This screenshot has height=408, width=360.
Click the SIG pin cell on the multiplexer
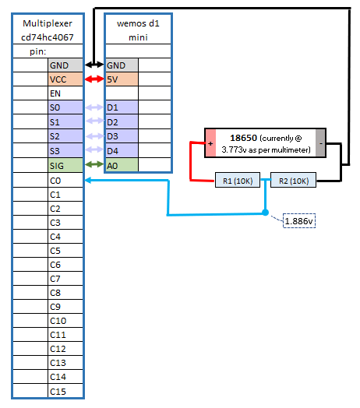(x=65, y=165)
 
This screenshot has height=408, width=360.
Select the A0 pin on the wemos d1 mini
(x=122, y=165)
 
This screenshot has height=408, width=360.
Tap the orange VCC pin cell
(x=65, y=79)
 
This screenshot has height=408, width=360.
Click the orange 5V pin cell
(x=122, y=79)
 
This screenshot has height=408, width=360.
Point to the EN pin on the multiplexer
(x=65, y=93)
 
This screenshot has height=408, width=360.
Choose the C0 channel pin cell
(x=65, y=180)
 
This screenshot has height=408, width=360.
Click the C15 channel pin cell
(x=65, y=391)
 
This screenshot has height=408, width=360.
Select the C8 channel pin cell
(x=65, y=293)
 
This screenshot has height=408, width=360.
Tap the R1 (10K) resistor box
(x=237, y=181)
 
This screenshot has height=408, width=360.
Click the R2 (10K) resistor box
(x=294, y=181)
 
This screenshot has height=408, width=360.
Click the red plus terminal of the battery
(x=210, y=144)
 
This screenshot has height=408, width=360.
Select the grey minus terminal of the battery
(x=320, y=144)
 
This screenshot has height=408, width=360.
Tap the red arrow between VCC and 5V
(x=94, y=79)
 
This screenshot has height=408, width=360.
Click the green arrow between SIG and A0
(x=94, y=164)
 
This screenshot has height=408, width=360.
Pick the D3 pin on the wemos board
(x=122, y=137)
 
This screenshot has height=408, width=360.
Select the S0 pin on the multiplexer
(x=65, y=108)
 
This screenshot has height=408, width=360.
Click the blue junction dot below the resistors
(x=265, y=212)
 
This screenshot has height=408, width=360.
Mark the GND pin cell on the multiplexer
(x=65, y=65)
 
